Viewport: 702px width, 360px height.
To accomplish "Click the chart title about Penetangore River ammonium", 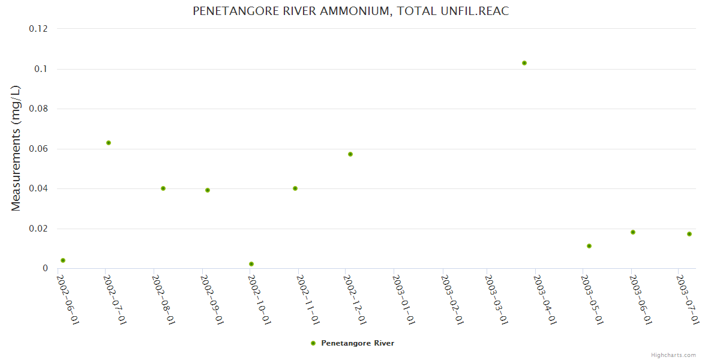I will (350, 11).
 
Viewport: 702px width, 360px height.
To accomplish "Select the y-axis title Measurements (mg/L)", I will (16, 148).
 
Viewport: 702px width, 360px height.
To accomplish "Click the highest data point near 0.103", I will (524, 63).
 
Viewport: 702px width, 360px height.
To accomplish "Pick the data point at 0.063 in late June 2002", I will (109, 143).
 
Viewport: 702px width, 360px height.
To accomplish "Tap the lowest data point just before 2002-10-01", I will (251, 264).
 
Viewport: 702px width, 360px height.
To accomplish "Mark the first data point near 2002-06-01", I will (63, 260).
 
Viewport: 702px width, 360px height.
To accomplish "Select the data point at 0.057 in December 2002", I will (350, 154).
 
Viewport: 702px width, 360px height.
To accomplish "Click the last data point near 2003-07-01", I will (689, 234).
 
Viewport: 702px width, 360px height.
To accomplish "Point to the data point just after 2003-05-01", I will (589, 246).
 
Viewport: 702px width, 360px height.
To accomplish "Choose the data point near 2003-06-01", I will (633, 232).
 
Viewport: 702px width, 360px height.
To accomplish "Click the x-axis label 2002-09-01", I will (212, 299).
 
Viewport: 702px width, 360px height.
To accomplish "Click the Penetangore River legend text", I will (358, 343).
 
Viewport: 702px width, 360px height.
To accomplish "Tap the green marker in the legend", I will (313, 343).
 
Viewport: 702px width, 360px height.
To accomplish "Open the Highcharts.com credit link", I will (673, 355).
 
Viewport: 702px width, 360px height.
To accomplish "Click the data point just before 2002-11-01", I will (295, 188).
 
